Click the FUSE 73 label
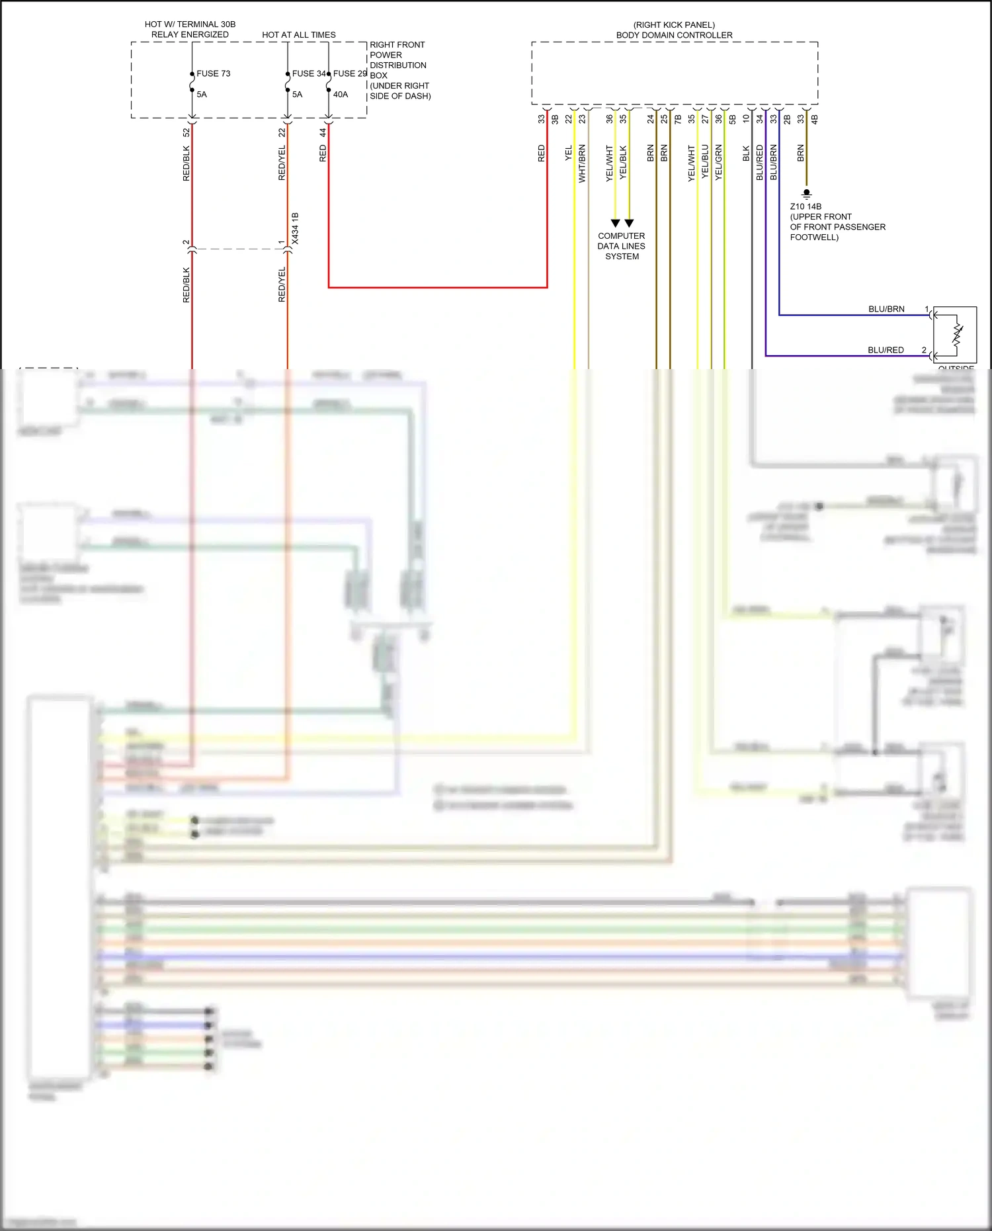(x=213, y=73)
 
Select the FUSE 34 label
(x=308, y=73)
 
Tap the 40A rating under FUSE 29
(x=340, y=95)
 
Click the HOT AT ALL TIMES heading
(x=298, y=35)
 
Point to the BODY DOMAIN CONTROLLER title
(x=674, y=35)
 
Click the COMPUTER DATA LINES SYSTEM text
(x=621, y=246)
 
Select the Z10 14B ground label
(x=806, y=206)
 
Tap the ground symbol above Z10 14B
(x=806, y=194)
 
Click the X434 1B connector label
(x=295, y=228)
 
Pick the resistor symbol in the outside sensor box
(x=957, y=334)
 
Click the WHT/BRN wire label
(x=582, y=163)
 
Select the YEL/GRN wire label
(x=719, y=163)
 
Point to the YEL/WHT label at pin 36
(x=609, y=163)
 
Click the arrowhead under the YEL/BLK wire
(x=629, y=224)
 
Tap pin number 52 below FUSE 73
(x=186, y=132)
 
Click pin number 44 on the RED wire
(x=323, y=132)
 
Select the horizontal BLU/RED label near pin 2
(x=886, y=350)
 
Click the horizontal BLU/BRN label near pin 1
(x=886, y=309)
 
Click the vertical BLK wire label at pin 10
(x=746, y=153)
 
